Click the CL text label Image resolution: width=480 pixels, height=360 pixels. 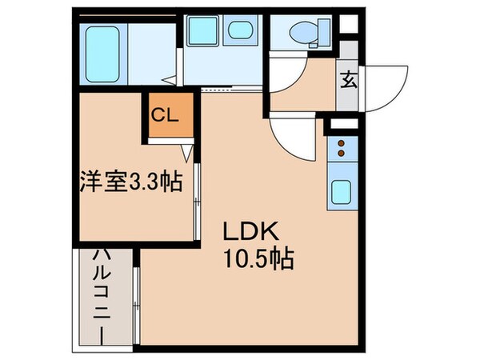click(x=167, y=114)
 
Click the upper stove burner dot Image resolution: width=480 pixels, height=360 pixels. click(x=342, y=144)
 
